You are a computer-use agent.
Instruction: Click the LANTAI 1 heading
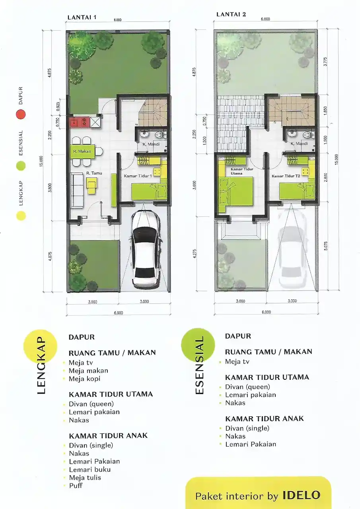point(82,17)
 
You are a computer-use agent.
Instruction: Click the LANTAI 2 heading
point(231,14)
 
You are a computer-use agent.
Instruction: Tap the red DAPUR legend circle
point(21,114)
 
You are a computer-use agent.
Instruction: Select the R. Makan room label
point(82,151)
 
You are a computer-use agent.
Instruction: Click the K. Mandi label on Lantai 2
point(298,144)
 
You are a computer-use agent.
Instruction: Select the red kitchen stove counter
point(80,122)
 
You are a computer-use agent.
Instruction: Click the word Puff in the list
point(75,486)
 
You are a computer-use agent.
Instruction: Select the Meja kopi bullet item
point(84,379)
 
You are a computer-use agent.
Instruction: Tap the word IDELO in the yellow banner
point(301,495)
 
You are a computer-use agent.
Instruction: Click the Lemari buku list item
point(90,469)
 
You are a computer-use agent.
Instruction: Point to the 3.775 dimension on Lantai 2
point(326,63)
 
